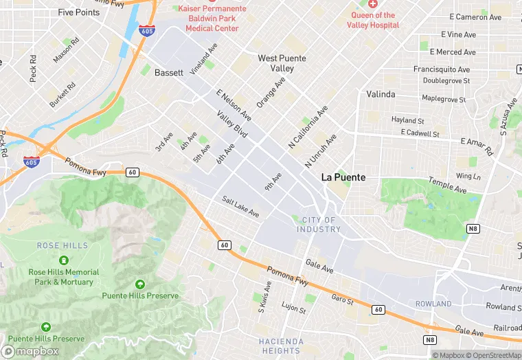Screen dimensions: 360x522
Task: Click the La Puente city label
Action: pos(344,177)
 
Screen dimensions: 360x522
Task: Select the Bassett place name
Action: pos(169,72)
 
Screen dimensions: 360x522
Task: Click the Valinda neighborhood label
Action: pos(381,94)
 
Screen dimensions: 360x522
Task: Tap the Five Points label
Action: pos(79,12)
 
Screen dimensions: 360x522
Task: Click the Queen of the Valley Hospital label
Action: pos(374,20)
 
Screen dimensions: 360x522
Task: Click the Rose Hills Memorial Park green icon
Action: pos(64,260)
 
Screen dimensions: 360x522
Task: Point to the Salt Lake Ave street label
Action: pos(240,207)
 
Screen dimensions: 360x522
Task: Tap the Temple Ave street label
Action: pos(447,184)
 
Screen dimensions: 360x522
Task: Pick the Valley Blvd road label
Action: pos(231,124)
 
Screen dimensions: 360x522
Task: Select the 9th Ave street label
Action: pos(273,182)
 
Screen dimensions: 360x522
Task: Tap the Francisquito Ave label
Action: pos(442,69)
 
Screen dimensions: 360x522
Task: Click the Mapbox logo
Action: pos(32,351)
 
